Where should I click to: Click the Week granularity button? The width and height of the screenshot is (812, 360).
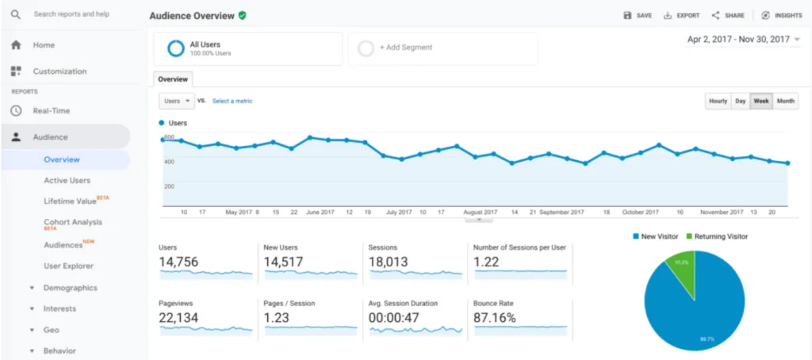(761, 101)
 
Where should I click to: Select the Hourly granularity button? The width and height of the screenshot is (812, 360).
(718, 101)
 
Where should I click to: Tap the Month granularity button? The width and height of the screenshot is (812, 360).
(786, 101)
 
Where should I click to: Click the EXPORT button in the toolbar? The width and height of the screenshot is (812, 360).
(681, 15)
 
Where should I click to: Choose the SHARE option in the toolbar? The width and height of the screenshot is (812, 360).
(728, 15)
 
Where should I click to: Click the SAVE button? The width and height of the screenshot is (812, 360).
(638, 15)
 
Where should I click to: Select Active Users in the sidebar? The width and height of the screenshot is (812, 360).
(67, 181)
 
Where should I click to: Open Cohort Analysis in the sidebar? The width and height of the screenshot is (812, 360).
(72, 222)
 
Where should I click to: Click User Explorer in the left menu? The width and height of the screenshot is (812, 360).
(68, 266)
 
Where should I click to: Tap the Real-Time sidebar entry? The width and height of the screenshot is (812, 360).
(51, 111)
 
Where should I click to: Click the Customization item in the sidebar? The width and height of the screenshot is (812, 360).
(59, 71)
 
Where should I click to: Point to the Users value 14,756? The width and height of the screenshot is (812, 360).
(178, 262)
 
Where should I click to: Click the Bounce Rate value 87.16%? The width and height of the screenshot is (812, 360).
(495, 318)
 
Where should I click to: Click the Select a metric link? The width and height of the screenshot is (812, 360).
(232, 101)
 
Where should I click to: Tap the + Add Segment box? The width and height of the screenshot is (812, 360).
(442, 48)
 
